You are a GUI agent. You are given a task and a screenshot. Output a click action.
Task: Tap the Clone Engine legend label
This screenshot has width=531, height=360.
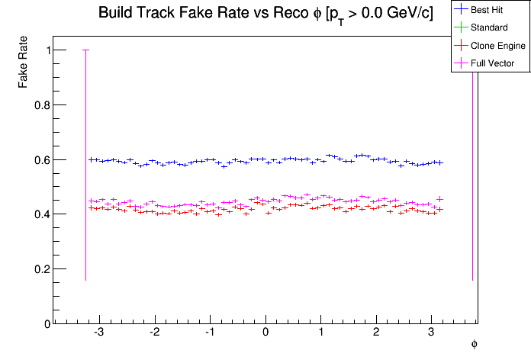point(498,47)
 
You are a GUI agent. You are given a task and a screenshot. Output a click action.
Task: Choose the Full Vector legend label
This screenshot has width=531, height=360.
point(493,63)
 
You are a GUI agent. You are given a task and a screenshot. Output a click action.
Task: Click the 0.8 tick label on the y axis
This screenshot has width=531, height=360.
point(43,105)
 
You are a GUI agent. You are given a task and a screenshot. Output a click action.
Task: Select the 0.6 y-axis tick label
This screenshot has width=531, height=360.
point(43,160)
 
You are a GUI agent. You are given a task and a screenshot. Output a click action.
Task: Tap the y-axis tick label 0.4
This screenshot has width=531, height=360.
point(43,214)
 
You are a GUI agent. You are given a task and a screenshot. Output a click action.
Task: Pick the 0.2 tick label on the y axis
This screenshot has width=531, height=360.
point(43,269)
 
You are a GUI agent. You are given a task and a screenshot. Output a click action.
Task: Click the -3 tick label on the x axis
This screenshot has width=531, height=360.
point(98,333)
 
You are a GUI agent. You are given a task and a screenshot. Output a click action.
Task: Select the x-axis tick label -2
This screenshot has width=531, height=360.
point(154,333)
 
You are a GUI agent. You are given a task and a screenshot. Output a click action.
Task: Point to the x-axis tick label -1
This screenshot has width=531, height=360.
point(209,333)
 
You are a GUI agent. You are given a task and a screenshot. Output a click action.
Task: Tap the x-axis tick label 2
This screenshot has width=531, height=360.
point(376,333)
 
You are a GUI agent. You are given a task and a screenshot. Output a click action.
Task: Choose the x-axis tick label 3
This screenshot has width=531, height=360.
point(432,333)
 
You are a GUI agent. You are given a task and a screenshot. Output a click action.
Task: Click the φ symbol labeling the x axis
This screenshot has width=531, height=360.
point(474,344)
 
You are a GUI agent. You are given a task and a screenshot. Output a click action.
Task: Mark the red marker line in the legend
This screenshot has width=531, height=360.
point(461,47)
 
